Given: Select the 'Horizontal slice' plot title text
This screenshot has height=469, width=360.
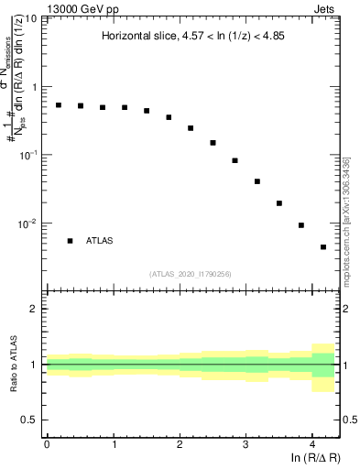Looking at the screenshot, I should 191,37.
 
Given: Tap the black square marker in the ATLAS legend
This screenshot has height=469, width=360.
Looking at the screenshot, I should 70,241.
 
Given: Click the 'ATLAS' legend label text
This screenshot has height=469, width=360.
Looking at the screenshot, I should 100,241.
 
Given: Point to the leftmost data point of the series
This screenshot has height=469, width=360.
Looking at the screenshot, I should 59,105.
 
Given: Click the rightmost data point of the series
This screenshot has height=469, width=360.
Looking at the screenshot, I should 323,247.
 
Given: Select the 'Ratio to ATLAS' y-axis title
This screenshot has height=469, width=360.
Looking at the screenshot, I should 13,365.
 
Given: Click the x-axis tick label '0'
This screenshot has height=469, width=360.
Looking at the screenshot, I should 47,443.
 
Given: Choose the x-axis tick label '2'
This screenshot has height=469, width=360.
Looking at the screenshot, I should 180,443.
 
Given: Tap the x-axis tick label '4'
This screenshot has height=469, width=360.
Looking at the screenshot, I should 312,443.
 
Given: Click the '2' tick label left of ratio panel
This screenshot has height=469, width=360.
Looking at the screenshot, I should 34,309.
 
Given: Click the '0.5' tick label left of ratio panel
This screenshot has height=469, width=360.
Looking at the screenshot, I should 29,420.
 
